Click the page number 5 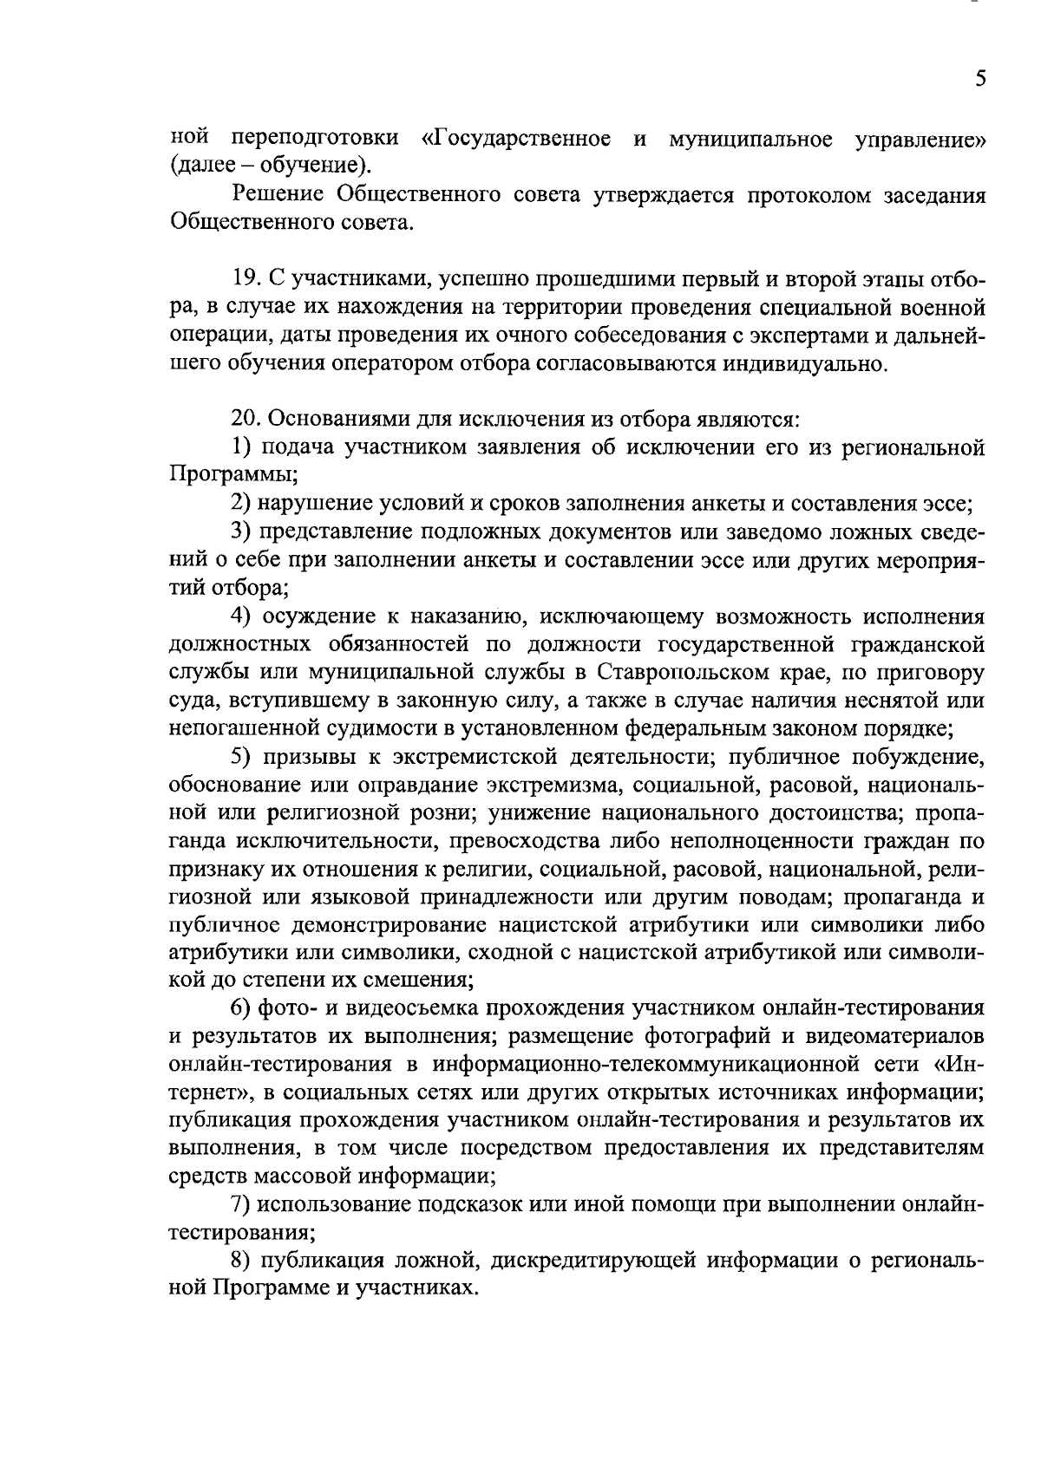point(979,79)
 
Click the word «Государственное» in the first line point(515,139)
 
